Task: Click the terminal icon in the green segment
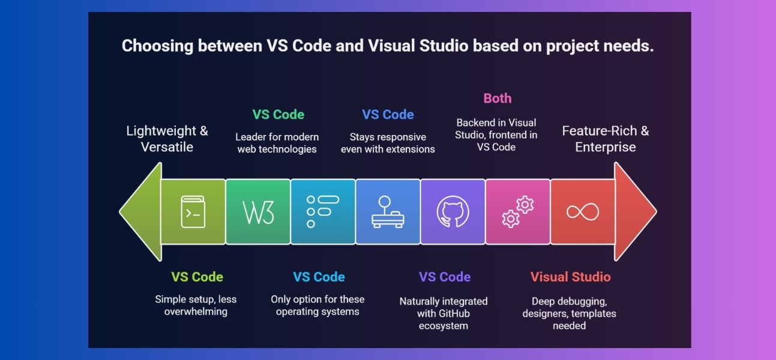[x=193, y=212]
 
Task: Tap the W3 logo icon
[x=259, y=212]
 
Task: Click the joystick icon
[x=388, y=212]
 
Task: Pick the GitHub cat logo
[x=453, y=212]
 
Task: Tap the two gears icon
[x=518, y=212]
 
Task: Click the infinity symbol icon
[x=582, y=212]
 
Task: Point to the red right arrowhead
[x=634, y=212]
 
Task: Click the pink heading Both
[x=498, y=98]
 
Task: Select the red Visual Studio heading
[x=570, y=277]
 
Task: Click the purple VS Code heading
[x=445, y=277]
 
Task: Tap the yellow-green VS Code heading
[x=197, y=277]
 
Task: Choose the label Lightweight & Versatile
[x=167, y=139]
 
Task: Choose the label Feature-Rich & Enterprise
[x=605, y=139]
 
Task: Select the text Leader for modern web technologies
[x=277, y=143]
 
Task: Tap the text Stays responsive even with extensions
[x=388, y=143]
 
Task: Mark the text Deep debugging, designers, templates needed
[x=569, y=313]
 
